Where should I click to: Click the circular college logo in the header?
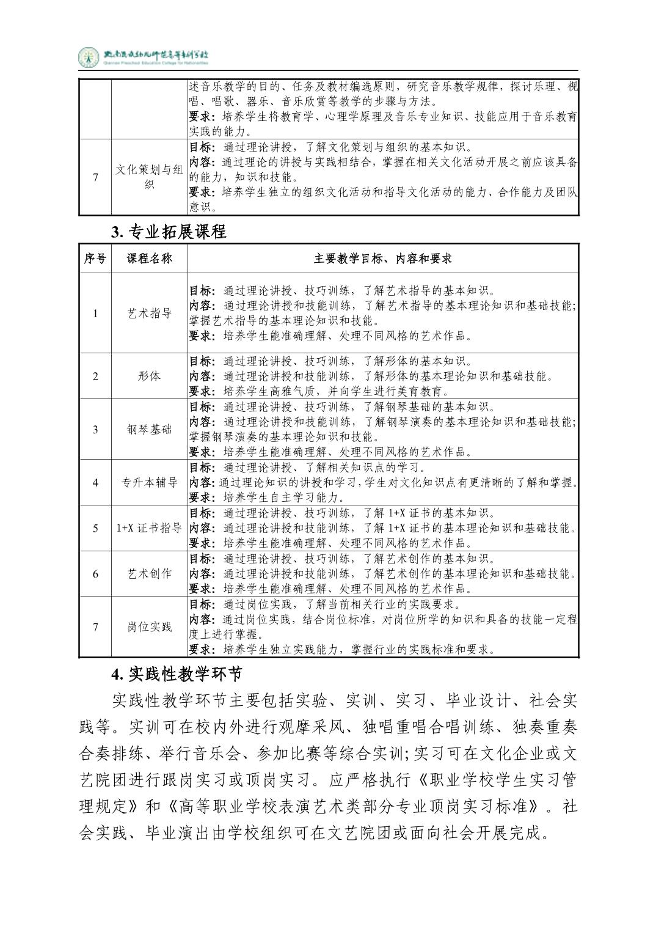click(88, 58)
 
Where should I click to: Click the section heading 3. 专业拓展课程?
click(169, 232)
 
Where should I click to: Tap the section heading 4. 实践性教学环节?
click(177, 674)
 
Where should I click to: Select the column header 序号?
click(95, 259)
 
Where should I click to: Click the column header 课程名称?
click(150, 259)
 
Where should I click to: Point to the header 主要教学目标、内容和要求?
click(383, 259)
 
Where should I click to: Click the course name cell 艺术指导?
click(150, 314)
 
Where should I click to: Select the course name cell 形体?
click(150, 376)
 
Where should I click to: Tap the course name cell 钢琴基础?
click(150, 429)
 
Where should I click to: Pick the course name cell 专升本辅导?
click(150, 482)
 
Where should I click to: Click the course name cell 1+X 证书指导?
click(150, 528)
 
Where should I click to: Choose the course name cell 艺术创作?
click(150, 573)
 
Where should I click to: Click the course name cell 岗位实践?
click(150, 626)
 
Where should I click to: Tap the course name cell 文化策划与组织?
click(150, 177)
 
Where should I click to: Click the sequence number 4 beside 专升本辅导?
click(95, 482)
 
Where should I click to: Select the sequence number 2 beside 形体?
click(95, 376)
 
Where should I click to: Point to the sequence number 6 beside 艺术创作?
click(95, 573)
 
